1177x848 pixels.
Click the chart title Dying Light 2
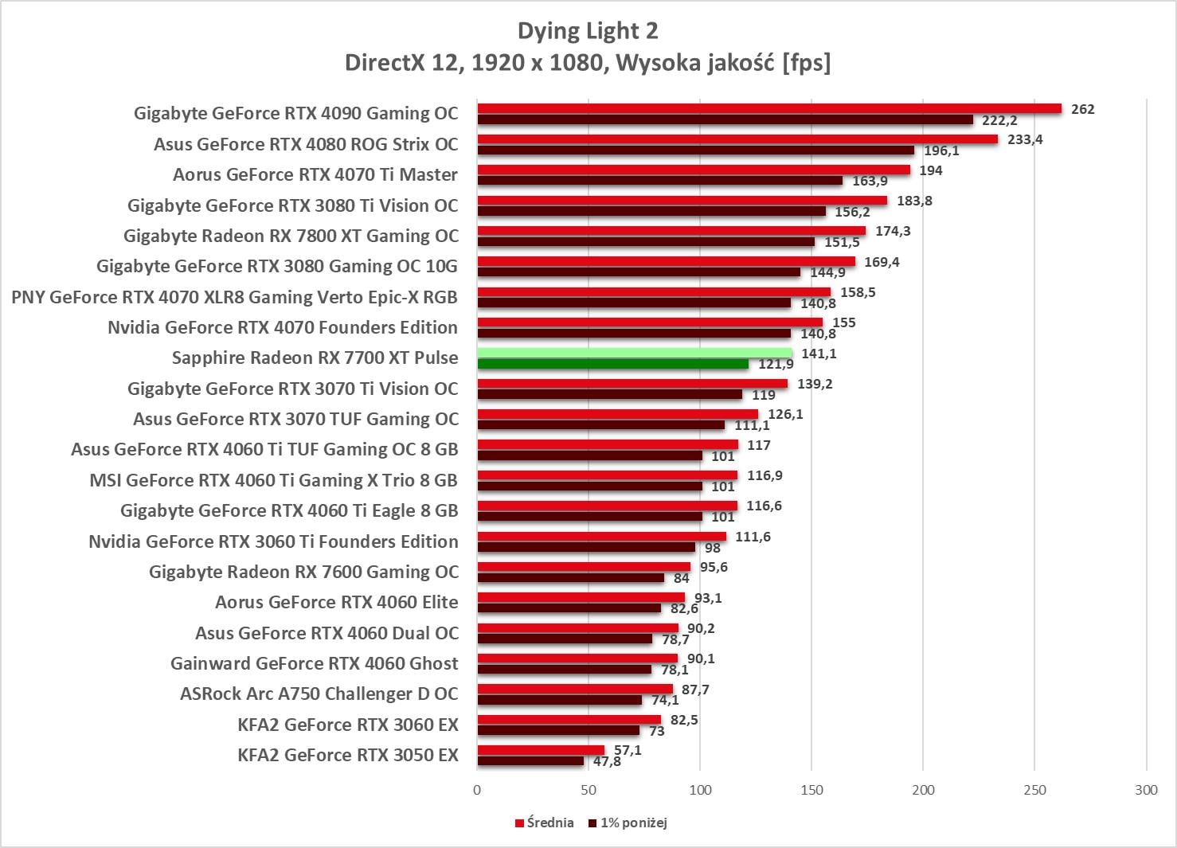pos(588,31)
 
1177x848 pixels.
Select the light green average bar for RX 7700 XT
pos(635,353)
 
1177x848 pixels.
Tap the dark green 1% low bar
pos(613,364)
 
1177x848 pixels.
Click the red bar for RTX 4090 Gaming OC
pos(769,108)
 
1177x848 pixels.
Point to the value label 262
pos(1082,109)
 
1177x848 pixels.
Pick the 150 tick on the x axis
pos(811,790)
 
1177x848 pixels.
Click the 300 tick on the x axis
pos(1146,790)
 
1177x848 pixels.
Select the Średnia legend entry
pos(544,823)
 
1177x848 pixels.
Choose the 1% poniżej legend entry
pos(628,823)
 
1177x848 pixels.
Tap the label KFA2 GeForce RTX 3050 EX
pos(348,755)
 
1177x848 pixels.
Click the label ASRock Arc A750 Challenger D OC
pos(319,694)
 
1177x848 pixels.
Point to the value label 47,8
pos(607,761)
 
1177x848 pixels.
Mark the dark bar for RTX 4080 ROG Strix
pos(696,150)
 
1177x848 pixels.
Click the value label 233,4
pos(1025,139)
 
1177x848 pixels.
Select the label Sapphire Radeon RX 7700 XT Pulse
pos(315,358)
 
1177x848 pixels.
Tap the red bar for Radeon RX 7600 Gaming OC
pos(584,567)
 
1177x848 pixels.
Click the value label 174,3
pos(893,231)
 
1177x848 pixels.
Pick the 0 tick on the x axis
pos(477,790)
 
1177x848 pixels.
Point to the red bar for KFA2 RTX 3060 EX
pos(569,720)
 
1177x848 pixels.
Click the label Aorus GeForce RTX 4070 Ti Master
pos(315,174)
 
